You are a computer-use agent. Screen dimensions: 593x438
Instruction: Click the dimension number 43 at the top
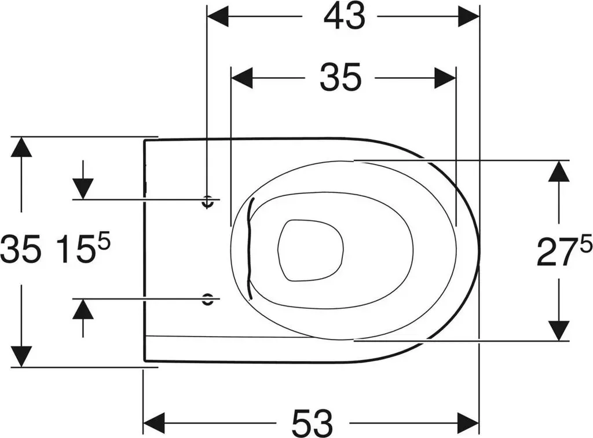coord(345,17)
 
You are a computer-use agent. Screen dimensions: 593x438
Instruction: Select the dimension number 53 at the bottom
coord(312,422)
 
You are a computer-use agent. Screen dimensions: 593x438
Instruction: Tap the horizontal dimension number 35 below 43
coord(341,78)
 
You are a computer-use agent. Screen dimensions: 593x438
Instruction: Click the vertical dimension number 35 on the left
coord(20,249)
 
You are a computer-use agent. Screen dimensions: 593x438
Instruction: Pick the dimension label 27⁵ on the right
coord(564,251)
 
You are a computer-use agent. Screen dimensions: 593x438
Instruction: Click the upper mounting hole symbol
coord(207,202)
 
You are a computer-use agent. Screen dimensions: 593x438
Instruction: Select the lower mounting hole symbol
coord(207,299)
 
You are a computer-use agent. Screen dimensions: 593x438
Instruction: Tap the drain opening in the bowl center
coord(310,250)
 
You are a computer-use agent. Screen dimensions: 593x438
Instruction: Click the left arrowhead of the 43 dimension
coord(218,17)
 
